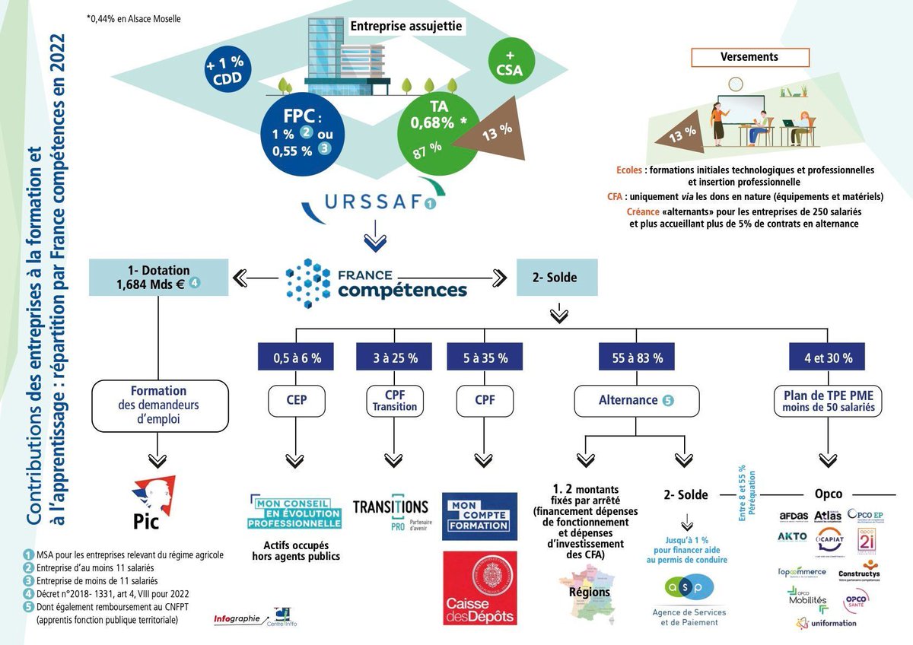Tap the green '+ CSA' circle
[x=511, y=63]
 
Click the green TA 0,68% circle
[x=438, y=130]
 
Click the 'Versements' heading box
[x=749, y=57]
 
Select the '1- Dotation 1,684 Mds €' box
[x=158, y=278]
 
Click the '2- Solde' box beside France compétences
[x=557, y=278]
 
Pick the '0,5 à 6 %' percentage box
[x=296, y=357]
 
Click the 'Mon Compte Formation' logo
[x=479, y=516]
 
